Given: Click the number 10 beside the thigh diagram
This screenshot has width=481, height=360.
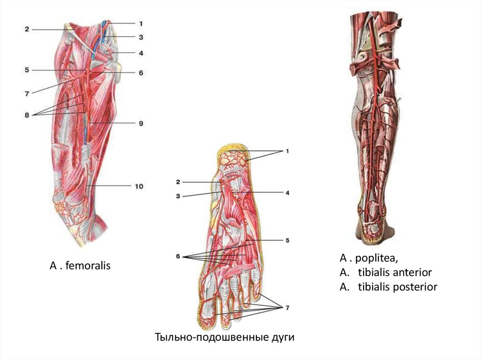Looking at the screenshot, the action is point(139,186).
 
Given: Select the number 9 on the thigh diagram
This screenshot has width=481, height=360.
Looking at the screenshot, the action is point(140,123).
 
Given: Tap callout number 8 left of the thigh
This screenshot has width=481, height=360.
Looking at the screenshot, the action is point(27,114).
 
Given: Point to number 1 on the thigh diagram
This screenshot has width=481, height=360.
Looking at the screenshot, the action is point(140,23).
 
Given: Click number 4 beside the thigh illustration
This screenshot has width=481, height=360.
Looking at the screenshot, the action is point(140,53).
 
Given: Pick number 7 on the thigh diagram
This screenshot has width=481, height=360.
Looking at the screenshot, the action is point(27,93).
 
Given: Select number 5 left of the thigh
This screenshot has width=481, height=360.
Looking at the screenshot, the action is point(27,70).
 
